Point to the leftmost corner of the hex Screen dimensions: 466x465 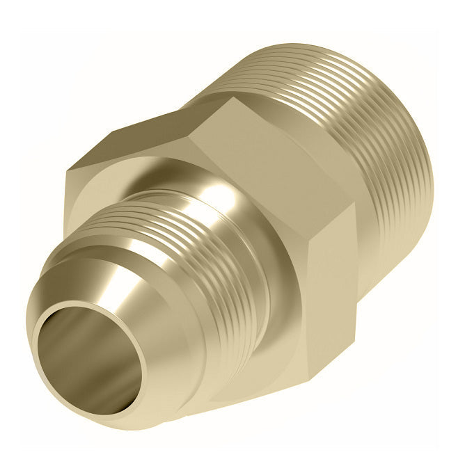[66, 177]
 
